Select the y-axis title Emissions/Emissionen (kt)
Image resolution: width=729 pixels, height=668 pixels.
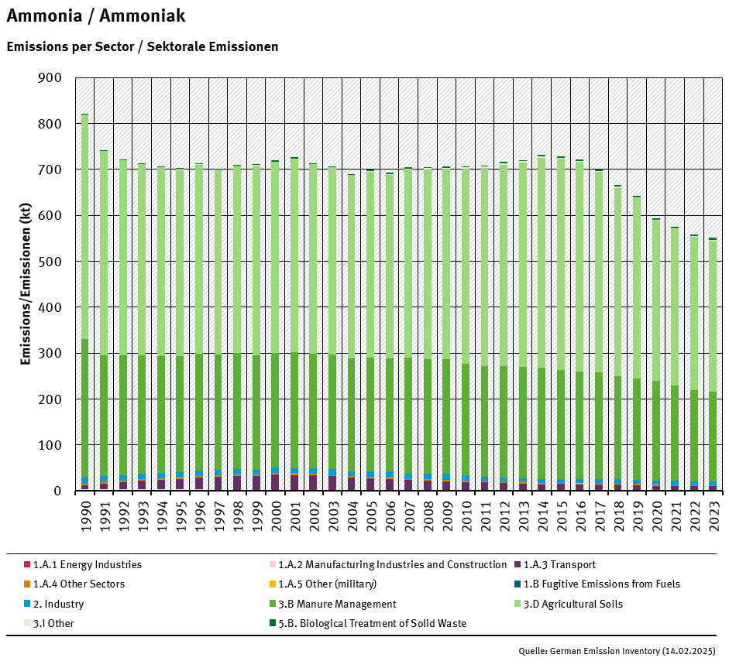25,284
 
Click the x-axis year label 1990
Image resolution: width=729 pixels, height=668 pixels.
85,513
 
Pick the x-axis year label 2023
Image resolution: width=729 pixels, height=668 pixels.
713,513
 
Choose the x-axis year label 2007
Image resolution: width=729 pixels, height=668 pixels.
408,513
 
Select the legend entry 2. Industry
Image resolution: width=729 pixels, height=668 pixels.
58,604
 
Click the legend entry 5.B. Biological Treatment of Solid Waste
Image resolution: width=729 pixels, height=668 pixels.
372,623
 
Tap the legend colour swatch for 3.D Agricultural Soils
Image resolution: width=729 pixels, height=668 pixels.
516,604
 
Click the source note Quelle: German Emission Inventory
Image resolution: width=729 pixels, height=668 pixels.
617,651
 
